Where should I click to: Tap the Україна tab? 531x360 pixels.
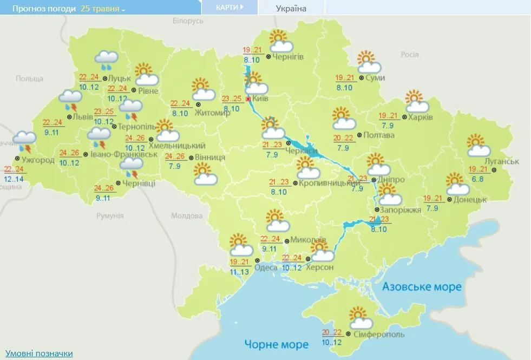291,8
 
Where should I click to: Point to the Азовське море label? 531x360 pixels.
422,286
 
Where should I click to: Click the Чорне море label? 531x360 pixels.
276,344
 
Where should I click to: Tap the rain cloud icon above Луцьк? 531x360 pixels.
107,60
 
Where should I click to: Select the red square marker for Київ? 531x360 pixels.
248,100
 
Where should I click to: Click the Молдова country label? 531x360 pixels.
186,215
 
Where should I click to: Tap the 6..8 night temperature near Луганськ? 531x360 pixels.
477,178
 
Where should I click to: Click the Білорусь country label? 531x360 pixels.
188,21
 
